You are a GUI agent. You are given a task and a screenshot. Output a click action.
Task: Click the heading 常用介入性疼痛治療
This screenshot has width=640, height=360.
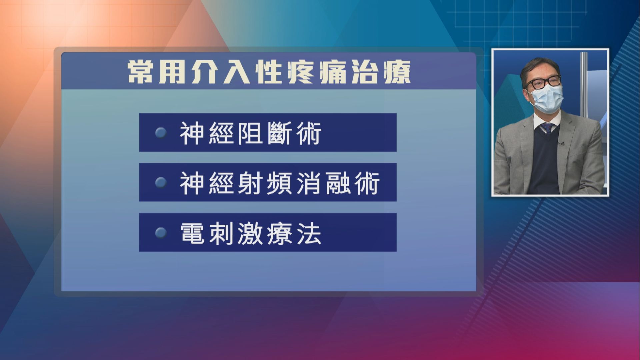269,72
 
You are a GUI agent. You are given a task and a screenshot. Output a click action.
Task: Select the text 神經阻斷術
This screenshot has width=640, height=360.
250,133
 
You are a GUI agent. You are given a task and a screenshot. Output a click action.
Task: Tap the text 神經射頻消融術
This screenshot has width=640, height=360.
279,183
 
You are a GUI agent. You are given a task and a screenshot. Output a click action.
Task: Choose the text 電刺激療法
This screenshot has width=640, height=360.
250,233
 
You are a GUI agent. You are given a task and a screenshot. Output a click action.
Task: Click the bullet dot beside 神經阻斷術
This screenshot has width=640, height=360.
161,133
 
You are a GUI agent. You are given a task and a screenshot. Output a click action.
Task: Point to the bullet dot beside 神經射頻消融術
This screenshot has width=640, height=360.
161,183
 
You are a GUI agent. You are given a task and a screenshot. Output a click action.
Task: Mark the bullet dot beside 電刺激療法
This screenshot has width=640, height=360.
161,233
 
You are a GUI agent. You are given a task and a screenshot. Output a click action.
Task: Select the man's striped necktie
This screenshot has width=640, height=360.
547,128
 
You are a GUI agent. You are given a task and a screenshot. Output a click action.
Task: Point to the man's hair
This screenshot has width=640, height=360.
537,65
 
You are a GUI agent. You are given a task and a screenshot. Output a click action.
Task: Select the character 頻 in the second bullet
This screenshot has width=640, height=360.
279,183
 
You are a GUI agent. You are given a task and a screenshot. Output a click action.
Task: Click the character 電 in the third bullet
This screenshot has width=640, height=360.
192,233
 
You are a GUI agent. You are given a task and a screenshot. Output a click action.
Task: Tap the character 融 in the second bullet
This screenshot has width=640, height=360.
338,183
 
